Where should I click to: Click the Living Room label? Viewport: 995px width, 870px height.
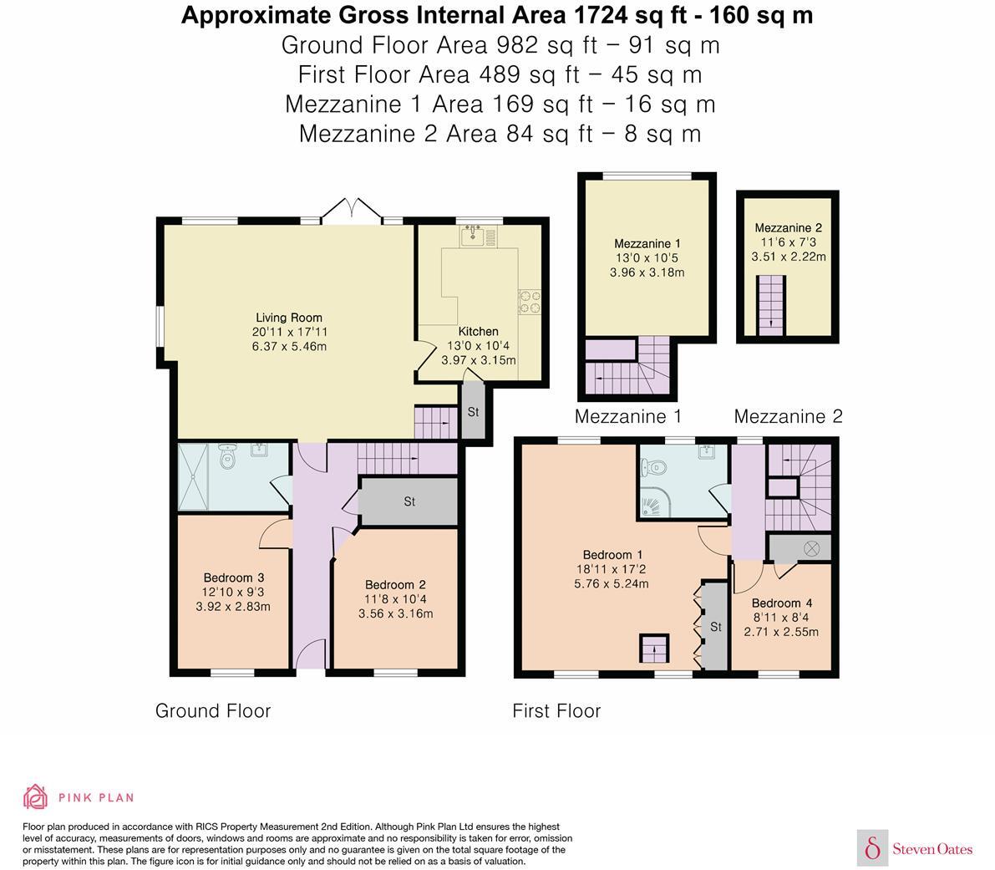pos(289,318)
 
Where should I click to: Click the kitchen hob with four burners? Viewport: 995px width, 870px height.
pos(530,301)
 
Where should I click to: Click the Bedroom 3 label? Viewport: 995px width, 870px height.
pos(234,577)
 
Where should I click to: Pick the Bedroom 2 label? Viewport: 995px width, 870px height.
pos(395,585)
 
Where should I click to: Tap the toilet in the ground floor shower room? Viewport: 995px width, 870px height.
pos(227,457)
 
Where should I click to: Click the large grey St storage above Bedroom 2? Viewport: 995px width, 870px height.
pos(409,501)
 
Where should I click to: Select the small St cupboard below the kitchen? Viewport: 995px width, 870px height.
pos(473,411)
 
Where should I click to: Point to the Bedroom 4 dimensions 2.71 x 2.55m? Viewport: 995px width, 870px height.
pos(781,632)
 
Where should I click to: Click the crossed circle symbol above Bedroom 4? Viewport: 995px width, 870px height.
pos(811,548)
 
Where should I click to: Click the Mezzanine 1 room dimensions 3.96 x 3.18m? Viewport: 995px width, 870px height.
pos(647,272)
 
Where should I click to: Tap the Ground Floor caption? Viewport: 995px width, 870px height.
pos(213,710)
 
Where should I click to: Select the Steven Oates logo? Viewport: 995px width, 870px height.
pos(916,849)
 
